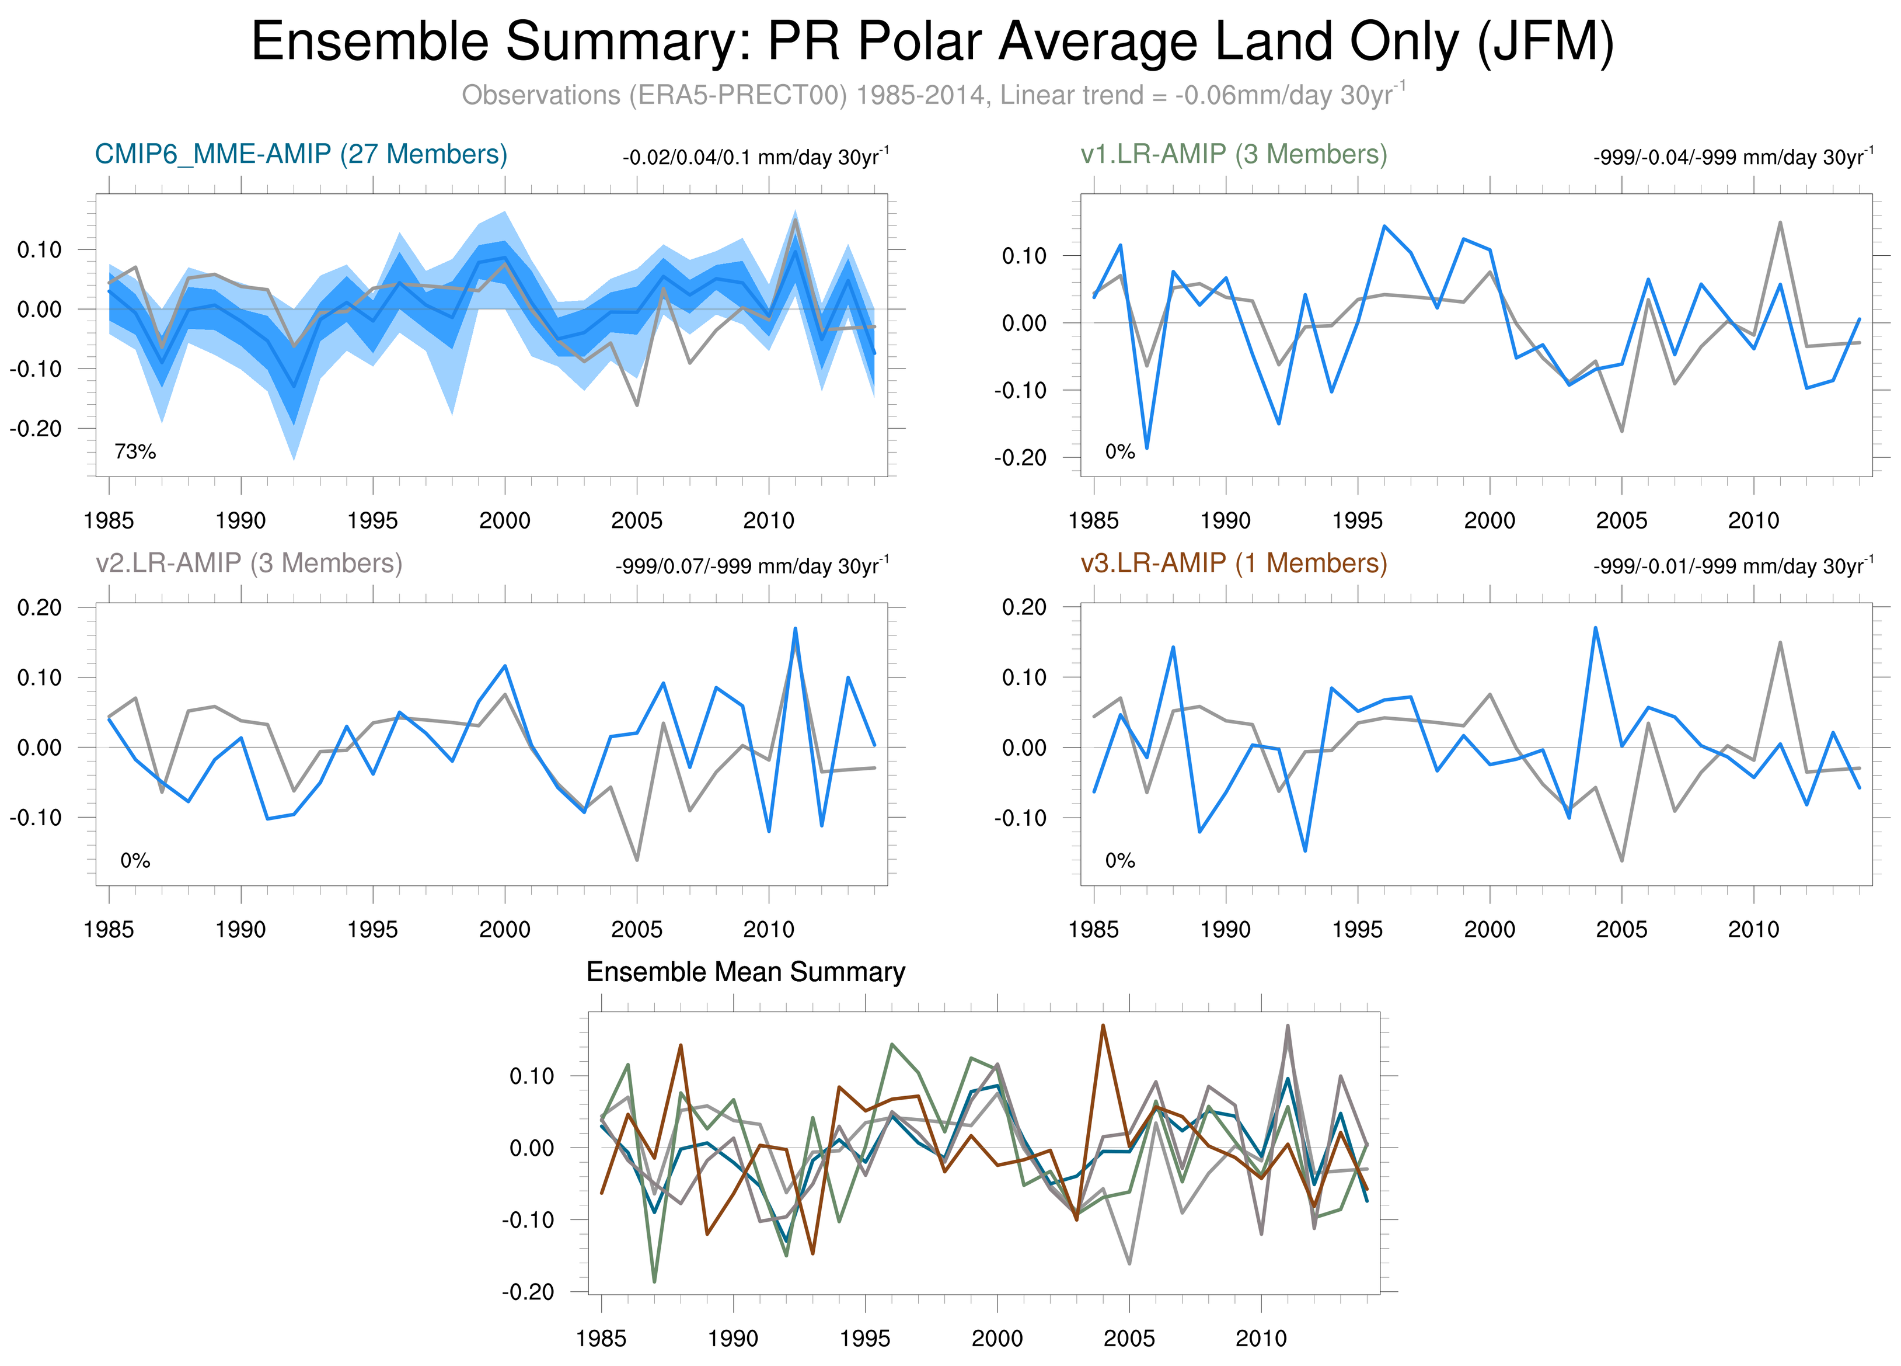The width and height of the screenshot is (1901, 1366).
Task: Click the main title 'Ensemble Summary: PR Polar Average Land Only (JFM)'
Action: click(x=932, y=42)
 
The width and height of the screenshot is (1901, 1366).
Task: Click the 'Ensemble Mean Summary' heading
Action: click(x=745, y=972)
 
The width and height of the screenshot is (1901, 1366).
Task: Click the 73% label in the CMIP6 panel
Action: click(x=135, y=452)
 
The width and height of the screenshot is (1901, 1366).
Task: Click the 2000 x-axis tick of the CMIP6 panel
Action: click(x=505, y=521)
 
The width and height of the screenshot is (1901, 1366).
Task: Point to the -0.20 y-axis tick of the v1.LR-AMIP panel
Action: click(x=1020, y=458)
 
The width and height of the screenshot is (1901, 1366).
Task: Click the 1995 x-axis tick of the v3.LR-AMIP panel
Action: click(x=1357, y=929)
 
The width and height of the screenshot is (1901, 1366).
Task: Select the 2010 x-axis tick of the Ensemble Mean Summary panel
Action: click(x=1261, y=1339)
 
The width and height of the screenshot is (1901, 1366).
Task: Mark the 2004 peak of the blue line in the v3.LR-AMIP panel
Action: click(x=1595, y=627)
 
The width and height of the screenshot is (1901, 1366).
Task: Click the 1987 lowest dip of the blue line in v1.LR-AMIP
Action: click(x=1147, y=449)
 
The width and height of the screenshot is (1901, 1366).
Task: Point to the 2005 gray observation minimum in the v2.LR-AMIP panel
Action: click(x=637, y=860)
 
